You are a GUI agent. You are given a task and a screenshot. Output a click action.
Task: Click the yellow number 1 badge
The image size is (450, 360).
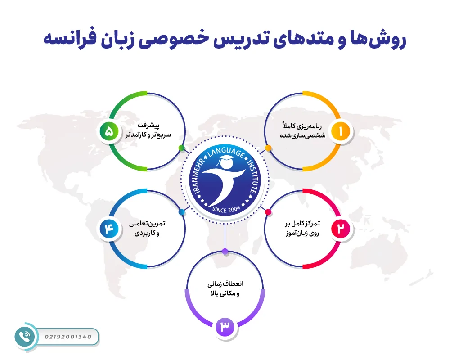pyautogui.click(x=341, y=131)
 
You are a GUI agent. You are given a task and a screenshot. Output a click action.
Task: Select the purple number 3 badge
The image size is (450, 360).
pyautogui.click(x=225, y=327)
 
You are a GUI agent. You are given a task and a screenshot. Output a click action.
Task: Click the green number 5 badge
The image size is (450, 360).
pyautogui.click(x=109, y=131)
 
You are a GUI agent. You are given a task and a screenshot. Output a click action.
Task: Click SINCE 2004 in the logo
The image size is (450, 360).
pyautogui.click(x=225, y=209)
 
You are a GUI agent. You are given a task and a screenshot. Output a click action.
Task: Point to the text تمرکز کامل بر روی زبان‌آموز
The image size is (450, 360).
pyautogui.click(x=302, y=229)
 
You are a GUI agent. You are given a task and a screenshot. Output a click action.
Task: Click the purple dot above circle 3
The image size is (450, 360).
pyautogui.click(x=225, y=251)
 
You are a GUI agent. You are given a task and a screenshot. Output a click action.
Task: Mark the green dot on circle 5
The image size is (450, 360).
pyautogui.click(x=181, y=148)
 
